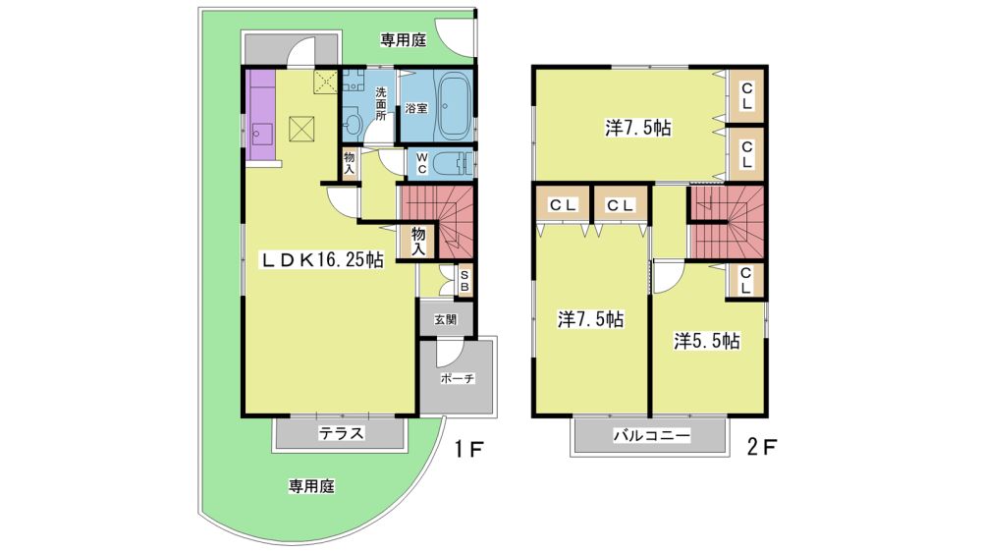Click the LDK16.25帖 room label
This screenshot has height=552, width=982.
[322, 259]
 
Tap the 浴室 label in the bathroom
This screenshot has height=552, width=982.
[416, 108]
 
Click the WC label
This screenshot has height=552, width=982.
[421, 163]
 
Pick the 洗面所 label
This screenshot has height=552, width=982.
[381, 103]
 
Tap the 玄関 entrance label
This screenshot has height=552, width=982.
[445, 319]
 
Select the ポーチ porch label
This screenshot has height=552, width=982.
[458, 378]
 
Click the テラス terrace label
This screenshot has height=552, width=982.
[342, 433]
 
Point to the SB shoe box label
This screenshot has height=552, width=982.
[464, 281]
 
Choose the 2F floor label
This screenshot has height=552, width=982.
[762, 447]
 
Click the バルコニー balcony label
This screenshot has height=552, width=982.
[651, 435]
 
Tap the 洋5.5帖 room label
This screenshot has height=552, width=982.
[706, 341]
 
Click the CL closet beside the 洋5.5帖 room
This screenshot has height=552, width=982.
[745, 281]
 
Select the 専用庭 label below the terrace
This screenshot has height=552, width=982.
[311, 486]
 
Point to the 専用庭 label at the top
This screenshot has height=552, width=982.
[404, 40]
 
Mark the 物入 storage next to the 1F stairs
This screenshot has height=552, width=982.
[418, 242]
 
